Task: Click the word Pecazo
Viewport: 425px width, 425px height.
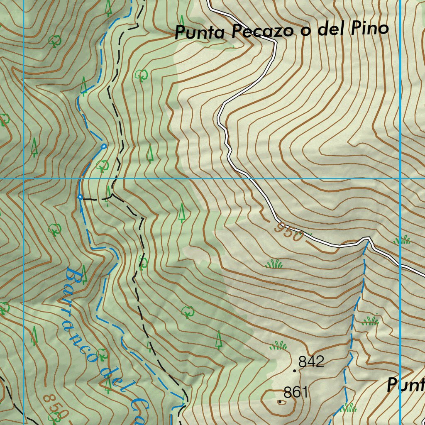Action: pyautogui.click(x=262, y=32)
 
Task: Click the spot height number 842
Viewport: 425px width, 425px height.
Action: pyautogui.click(x=311, y=361)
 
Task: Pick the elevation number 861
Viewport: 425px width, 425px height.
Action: pyautogui.click(x=296, y=392)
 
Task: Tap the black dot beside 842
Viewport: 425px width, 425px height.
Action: pyautogui.click(x=294, y=370)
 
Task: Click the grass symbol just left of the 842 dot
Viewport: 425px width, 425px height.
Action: pyautogui.click(x=278, y=345)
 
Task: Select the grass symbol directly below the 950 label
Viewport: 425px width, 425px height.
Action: pyautogui.click(x=274, y=264)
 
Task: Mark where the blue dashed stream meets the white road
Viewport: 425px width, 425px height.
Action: pyautogui.click(x=367, y=239)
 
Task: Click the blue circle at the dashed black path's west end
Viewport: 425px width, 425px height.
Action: pyautogui.click(x=80, y=196)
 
